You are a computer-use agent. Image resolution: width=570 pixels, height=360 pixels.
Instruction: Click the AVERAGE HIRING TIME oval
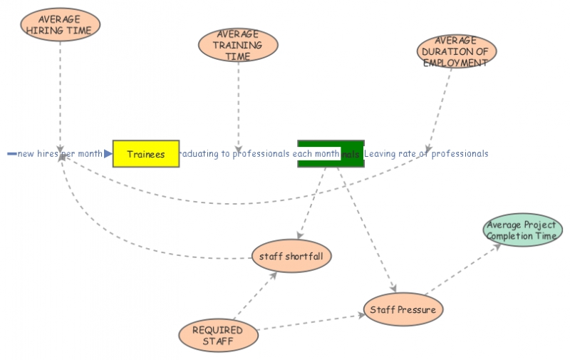pyautogui.click(x=59, y=24)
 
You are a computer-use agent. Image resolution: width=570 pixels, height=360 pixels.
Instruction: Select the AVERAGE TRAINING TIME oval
pyautogui.click(x=238, y=45)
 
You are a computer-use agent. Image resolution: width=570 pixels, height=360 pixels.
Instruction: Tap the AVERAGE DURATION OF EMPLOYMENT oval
pyautogui.click(x=456, y=51)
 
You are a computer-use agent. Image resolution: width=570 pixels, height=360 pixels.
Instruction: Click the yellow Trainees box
pyautogui.click(x=146, y=154)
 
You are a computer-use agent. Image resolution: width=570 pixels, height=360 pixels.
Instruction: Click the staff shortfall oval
pyautogui.click(x=292, y=256)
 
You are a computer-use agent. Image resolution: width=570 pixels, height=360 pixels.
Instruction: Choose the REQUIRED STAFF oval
pyautogui.click(x=217, y=335)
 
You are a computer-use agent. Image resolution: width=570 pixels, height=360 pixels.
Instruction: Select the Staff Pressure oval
pyautogui.click(x=403, y=310)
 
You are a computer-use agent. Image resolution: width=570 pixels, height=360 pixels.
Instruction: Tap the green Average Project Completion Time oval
pyautogui.click(x=522, y=230)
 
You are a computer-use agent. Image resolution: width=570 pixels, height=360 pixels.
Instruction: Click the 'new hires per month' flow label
pyautogui.click(x=60, y=154)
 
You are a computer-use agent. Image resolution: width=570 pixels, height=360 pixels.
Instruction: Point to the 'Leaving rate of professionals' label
pyautogui.click(x=426, y=154)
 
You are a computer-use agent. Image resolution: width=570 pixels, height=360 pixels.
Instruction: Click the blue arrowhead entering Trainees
pyautogui.click(x=108, y=154)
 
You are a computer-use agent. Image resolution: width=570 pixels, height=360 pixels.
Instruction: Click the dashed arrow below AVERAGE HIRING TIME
pyautogui.click(x=60, y=93)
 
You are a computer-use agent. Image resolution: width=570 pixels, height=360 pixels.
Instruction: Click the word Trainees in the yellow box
pyautogui.click(x=146, y=154)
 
